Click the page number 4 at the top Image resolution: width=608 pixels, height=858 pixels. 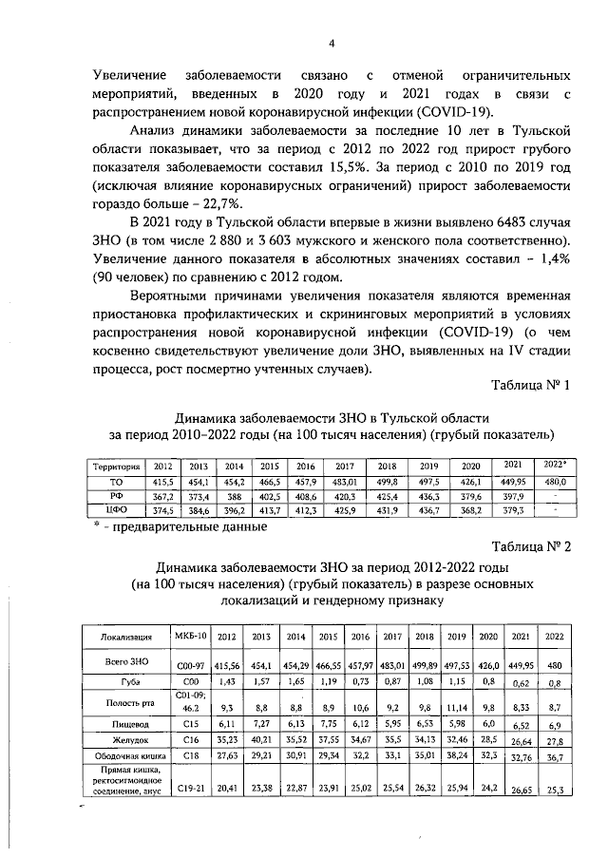(x=332, y=42)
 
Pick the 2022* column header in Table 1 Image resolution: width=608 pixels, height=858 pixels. (x=555, y=465)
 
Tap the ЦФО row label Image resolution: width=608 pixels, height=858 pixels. (x=117, y=510)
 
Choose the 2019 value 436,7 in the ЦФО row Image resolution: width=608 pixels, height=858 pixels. (x=429, y=510)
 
